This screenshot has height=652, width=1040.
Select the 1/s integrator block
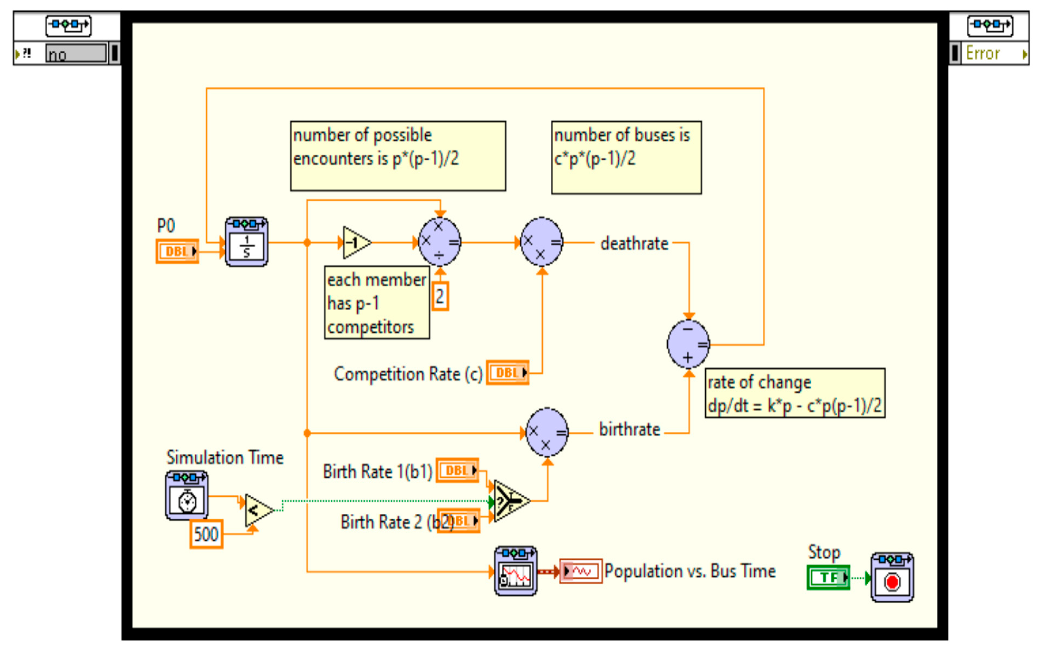(246, 242)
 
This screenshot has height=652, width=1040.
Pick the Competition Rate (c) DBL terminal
(508, 372)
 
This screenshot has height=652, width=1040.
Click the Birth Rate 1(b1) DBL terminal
(457, 470)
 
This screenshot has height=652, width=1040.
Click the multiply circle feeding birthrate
(547, 432)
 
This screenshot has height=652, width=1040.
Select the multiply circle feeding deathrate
(541, 242)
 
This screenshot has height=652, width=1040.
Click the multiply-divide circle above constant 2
(440, 242)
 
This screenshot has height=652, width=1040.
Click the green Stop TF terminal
(828, 577)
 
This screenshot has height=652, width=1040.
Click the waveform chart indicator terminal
(580, 571)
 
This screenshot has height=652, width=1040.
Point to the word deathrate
(634, 244)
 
